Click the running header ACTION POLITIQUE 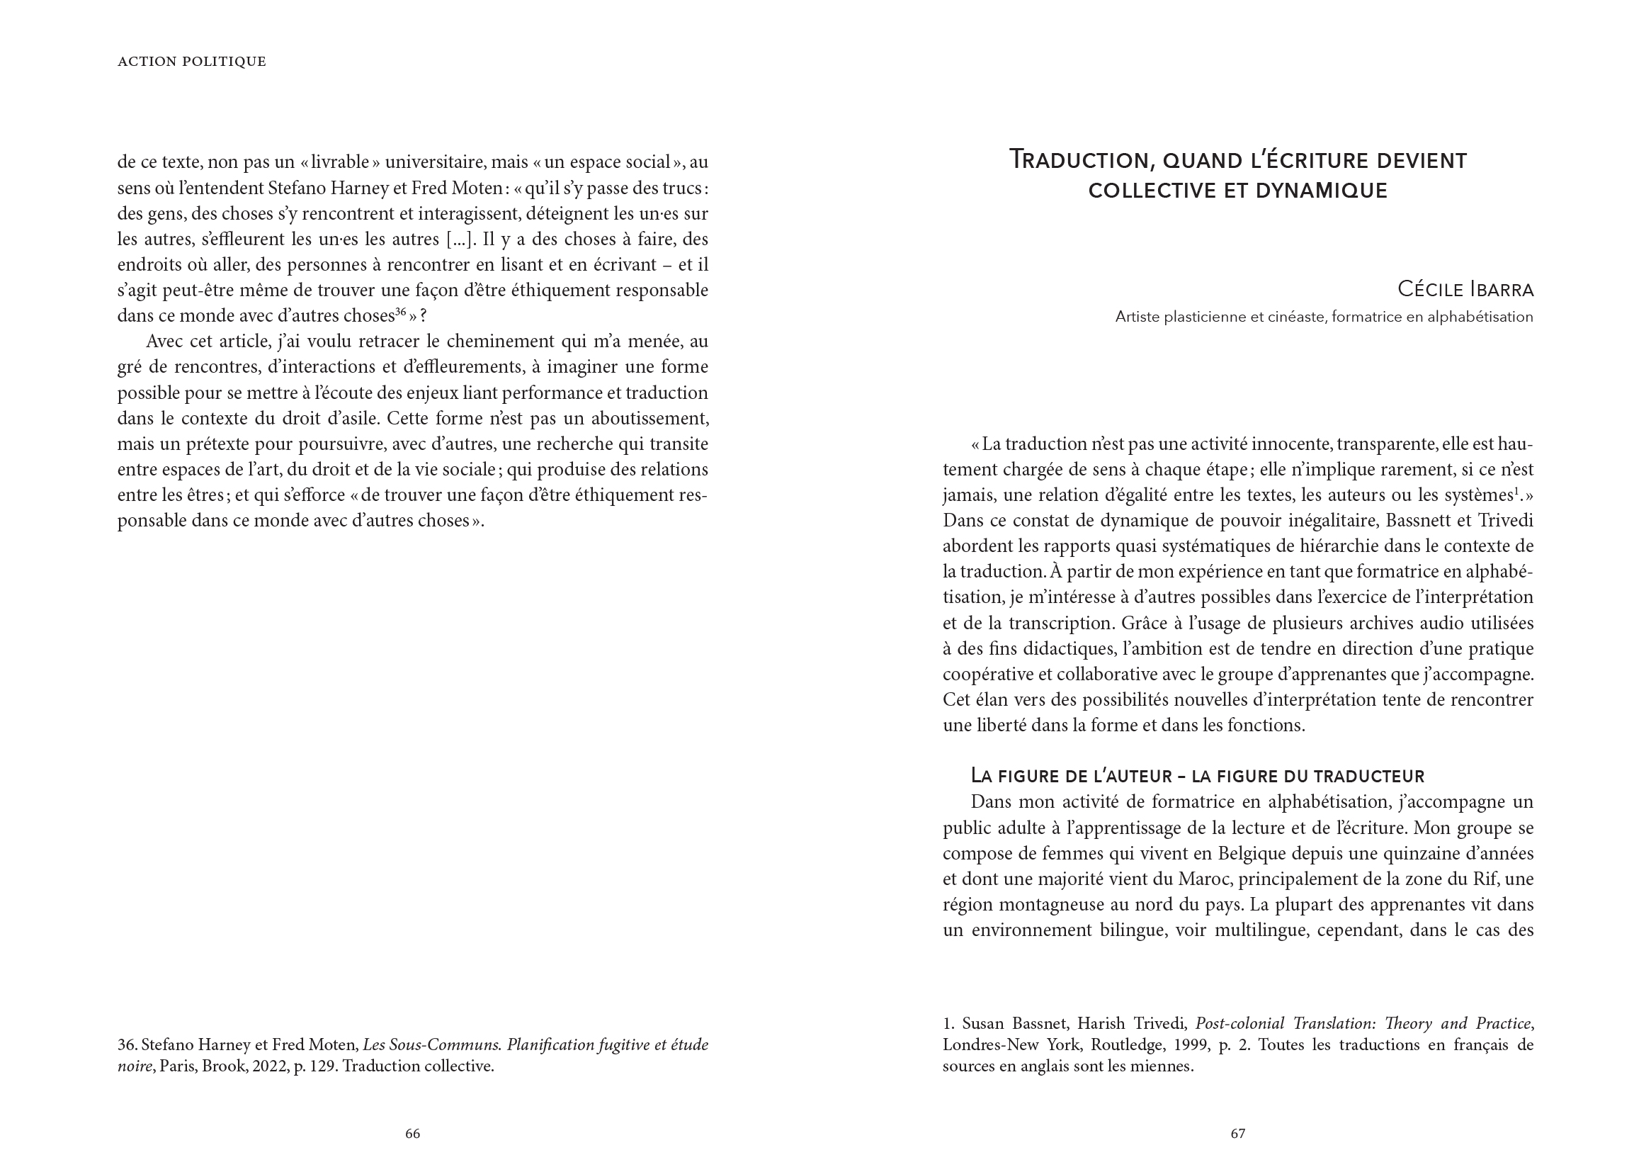pos(192,62)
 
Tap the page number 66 pos(412,1134)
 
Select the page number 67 pos(1237,1134)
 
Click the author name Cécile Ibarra pos(1465,289)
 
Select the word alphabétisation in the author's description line pos(1480,317)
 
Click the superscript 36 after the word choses pos(400,312)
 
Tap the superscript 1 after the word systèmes pos(1516,492)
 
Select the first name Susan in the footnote pos(984,1024)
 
